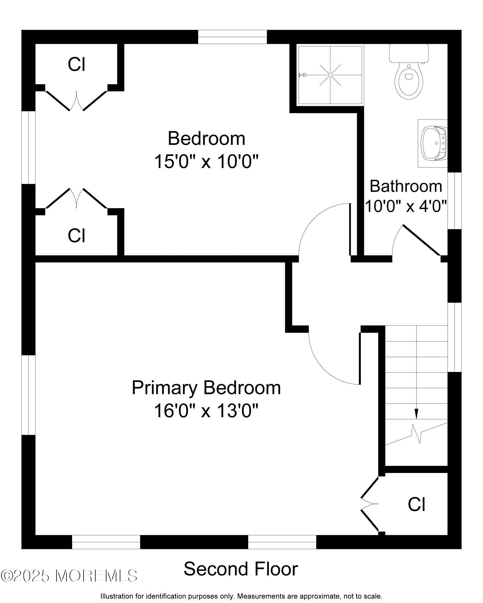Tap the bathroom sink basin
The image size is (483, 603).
434,143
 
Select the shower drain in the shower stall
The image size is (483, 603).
330,75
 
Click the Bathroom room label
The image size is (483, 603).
406,186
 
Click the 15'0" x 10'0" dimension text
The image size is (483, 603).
206,161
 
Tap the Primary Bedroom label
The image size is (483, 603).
206,388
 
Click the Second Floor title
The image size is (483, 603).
241,569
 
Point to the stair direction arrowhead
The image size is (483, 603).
417,414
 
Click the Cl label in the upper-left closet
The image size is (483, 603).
76,64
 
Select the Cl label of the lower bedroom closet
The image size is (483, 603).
76,236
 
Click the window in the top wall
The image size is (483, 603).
232,37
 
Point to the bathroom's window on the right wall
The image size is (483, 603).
454,201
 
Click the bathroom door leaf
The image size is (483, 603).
421,240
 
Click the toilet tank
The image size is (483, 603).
409,53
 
